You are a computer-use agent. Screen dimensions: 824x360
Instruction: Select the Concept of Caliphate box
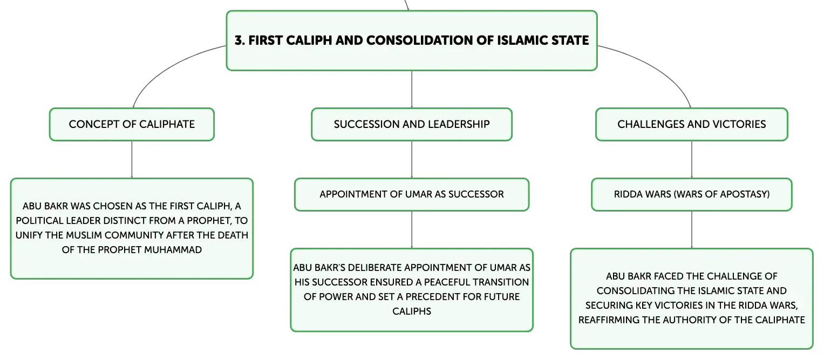(x=132, y=125)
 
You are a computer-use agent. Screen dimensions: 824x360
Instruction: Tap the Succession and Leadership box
(x=412, y=125)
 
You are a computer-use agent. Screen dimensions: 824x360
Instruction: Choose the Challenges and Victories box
(x=692, y=125)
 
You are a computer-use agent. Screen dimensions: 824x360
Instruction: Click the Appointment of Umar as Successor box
(x=412, y=195)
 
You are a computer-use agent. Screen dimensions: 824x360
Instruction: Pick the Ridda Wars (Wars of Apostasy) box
(x=692, y=195)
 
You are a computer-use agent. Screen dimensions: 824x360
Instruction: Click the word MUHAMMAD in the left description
(x=173, y=250)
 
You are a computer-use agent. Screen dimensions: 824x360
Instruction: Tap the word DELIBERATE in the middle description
(x=373, y=268)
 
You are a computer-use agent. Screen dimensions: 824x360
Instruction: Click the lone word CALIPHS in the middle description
(x=412, y=311)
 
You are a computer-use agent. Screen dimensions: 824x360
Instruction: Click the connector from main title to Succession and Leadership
(x=412, y=90)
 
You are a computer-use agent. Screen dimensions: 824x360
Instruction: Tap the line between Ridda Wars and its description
(x=692, y=230)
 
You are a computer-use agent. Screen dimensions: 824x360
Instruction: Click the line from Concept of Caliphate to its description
(x=132, y=160)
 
